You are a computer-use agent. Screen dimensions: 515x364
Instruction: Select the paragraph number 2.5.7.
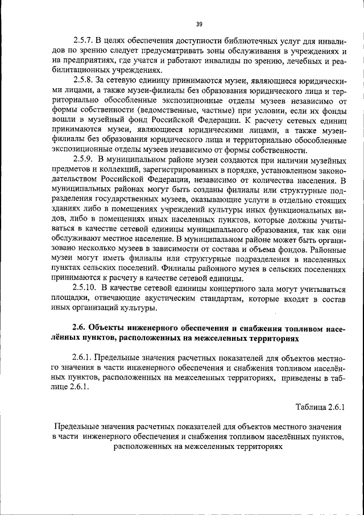[84, 42]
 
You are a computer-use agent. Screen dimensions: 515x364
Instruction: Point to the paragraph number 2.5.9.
[84, 160]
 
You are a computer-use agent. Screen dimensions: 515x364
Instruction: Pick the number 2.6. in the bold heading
[80, 328]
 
